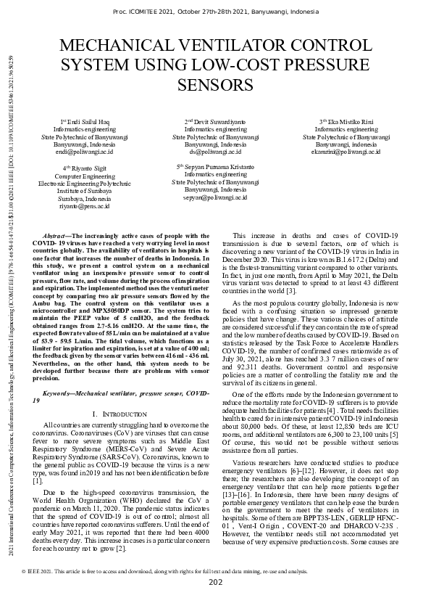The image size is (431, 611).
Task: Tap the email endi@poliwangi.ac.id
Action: (84, 153)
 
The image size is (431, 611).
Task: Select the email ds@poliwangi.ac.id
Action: (215, 153)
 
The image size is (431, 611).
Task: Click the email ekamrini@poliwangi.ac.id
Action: (346, 153)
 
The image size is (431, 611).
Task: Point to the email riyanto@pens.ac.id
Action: (84, 206)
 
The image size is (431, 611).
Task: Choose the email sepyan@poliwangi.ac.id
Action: (215, 197)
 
